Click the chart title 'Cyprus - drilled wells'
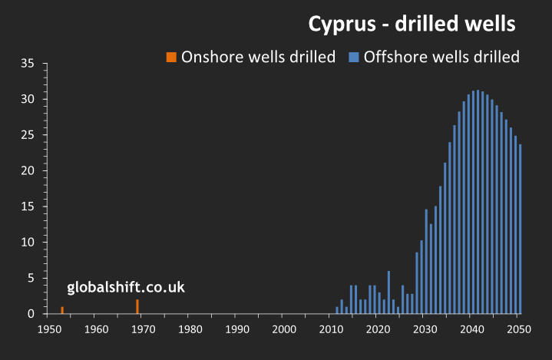[x=412, y=24]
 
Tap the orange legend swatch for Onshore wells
[x=171, y=57]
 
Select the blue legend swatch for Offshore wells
[x=354, y=57]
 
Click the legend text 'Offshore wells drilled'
[x=441, y=57]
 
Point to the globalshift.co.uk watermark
[x=126, y=288]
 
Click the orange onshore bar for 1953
[x=62, y=310]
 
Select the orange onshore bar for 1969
[x=137, y=306]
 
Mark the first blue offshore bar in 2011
[x=337, y=310]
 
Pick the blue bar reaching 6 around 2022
[x=388, y=292]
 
